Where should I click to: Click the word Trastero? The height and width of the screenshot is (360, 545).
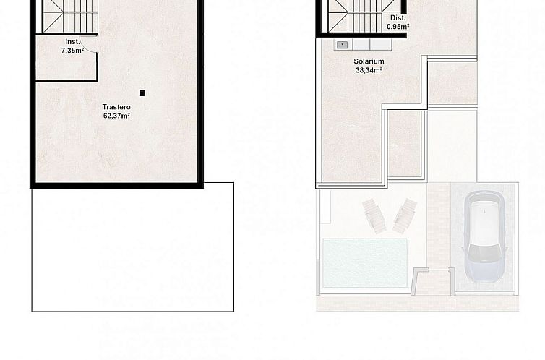[x=116, y=106]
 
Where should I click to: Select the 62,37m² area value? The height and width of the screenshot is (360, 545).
[x=116, y=115]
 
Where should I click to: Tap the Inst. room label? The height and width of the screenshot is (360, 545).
[x=72, y=41]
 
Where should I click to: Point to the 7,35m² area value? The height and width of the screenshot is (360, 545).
[x=72, y=50]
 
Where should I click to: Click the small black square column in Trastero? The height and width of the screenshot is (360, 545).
[x=142, y=93]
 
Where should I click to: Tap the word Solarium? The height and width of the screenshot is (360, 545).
[x=369, y=61]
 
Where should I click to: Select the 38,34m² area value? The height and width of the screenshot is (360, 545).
[x=369, y=70]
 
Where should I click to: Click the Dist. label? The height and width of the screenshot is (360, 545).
[x=398, y=17]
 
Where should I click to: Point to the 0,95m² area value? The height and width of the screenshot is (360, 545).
[x=398, y=26]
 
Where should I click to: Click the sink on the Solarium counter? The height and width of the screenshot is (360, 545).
[x=342, y=45]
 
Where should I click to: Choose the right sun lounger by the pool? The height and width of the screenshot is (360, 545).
[x=404, y=215]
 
